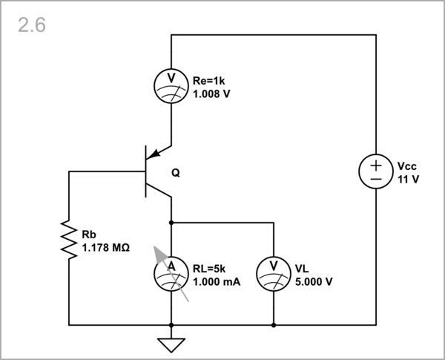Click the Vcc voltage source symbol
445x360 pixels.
click(376, 172)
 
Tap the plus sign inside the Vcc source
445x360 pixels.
click(376, 165)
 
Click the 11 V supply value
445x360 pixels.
click(408, 180)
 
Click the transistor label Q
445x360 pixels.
click(175, 173)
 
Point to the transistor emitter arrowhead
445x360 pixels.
click(153, 156)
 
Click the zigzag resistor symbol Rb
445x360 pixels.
click(69, 239)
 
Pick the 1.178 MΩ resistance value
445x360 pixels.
click(106, 247)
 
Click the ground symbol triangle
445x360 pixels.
click(171, 344)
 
